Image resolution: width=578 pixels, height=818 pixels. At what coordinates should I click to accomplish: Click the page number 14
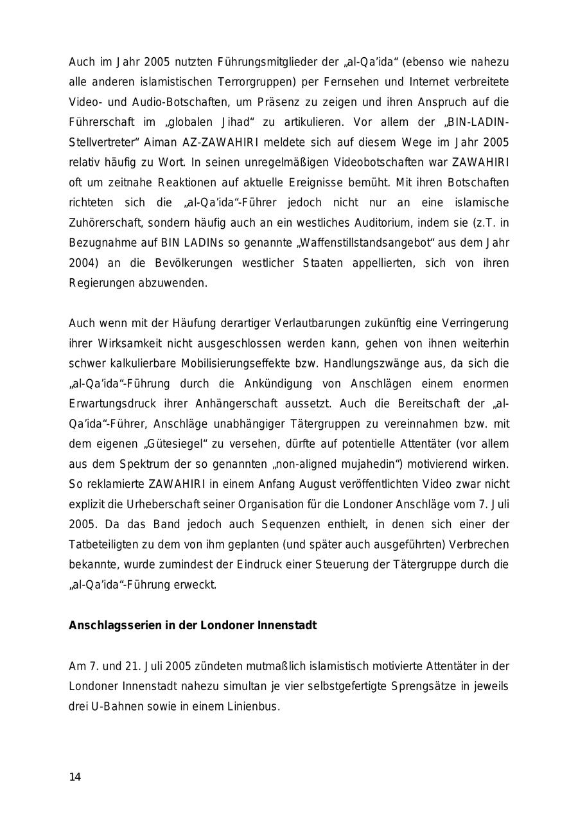[75, 777]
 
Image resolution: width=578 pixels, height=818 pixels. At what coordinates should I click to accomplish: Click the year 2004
[80, 263]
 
